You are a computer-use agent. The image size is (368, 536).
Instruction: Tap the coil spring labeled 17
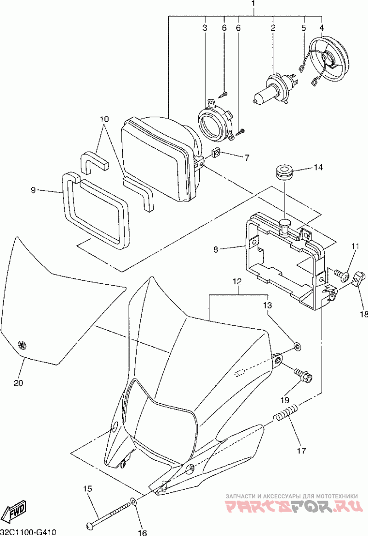[286, 413]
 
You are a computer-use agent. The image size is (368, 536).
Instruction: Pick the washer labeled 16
[134, 502]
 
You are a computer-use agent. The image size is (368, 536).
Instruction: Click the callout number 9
[33, 190]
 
